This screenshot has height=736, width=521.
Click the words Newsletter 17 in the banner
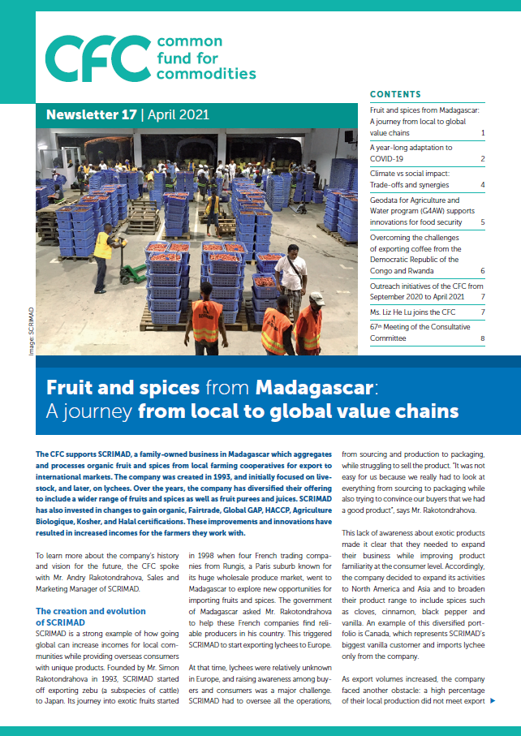[91, 114]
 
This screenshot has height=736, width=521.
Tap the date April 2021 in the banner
[172, 114]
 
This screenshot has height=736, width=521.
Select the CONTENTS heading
[395, 94]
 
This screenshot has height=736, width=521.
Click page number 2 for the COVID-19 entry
[482, 160]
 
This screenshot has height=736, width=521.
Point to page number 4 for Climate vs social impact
[482, 185]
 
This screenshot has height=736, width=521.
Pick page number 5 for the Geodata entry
[482, 222]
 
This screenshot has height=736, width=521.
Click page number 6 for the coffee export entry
[482, 271]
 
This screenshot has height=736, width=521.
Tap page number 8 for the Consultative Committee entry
[482, 338]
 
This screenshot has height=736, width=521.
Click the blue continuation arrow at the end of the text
[493, 700]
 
